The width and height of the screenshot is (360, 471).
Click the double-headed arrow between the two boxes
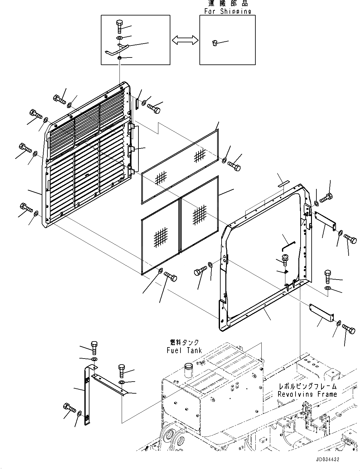point(185,40)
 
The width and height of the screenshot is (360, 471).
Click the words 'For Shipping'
point(228,11)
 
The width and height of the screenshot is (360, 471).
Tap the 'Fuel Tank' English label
point(184,350)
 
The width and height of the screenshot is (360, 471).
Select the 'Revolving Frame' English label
point(307,394)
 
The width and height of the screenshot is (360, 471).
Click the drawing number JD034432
point(324,460)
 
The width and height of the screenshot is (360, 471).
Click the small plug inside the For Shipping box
point(215,43)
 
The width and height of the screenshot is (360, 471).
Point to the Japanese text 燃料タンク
point(185,342)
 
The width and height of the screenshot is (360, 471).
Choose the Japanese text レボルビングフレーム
point(307,386)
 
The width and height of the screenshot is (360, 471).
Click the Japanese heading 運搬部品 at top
point(228,3)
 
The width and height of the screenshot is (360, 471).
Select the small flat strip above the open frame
point(284,184)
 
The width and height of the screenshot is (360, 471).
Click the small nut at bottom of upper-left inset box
point(119,58)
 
